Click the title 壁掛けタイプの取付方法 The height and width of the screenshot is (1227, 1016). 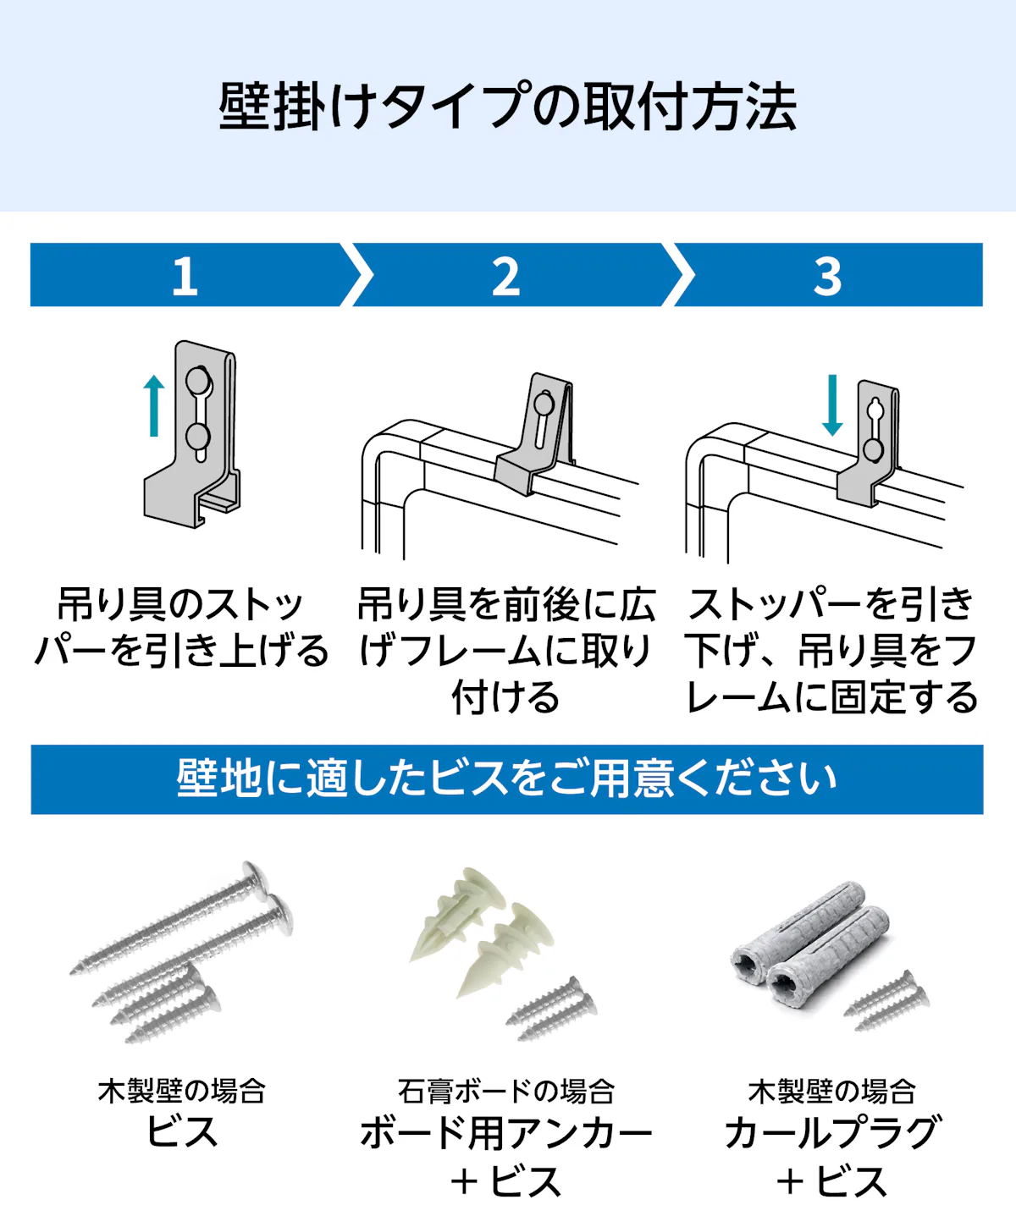pos(507,107)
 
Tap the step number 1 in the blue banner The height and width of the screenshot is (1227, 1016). pos(185,276)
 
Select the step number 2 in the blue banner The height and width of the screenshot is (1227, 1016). pos(505,276)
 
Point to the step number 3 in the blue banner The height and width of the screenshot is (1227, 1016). pos(827,276)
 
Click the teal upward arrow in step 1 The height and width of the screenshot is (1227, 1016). pos(154,406)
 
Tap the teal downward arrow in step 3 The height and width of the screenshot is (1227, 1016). pos(832,405)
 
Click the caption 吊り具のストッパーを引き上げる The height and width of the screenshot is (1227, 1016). pos(181,628)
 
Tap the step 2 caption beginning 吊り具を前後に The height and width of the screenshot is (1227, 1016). pos(506,651)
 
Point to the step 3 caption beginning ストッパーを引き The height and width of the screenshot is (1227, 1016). pos(831,651)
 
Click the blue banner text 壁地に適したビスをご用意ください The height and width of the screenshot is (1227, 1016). pos(507,779)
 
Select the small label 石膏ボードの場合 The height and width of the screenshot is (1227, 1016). pos(506,1092)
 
